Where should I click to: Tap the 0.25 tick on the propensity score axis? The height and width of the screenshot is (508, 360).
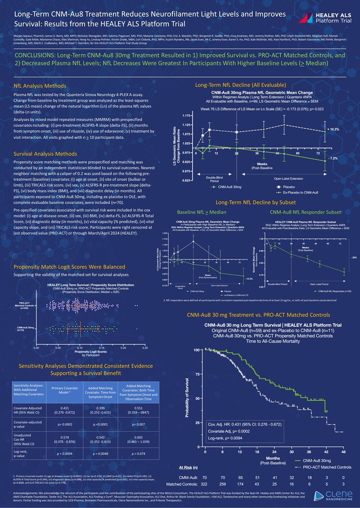point(145,348)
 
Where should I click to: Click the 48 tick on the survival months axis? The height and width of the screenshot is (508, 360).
point(343,452)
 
